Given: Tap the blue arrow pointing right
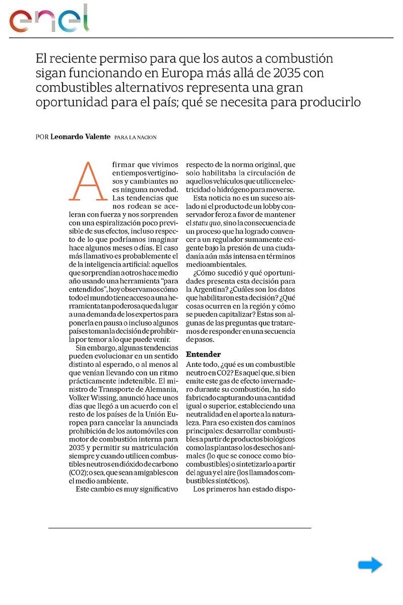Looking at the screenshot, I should (x=370, y=565).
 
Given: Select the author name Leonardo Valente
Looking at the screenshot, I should (x=81, y=137).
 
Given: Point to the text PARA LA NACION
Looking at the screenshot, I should (x=136, y=138).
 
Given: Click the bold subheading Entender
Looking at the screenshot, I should (x=204, y=354).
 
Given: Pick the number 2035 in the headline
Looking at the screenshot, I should (x=285, y=73).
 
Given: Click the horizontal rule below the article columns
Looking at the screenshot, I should (x=179, y=528).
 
